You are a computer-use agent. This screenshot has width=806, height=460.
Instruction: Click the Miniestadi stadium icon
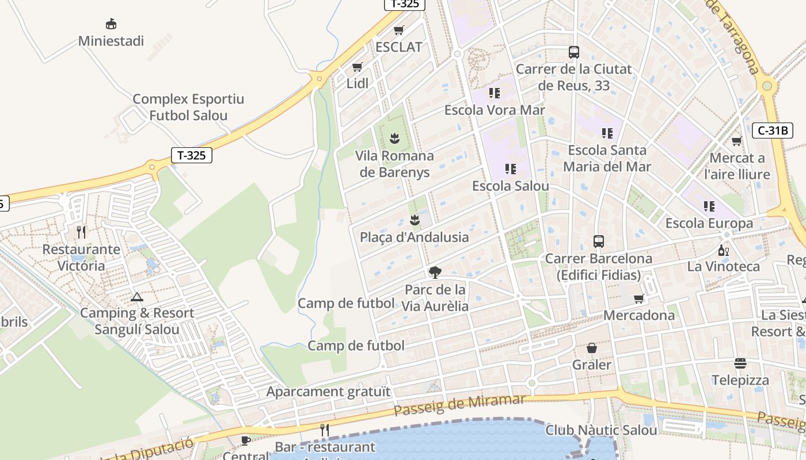[x=111, y=24]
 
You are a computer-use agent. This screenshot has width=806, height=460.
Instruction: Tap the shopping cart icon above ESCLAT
[x=399, y=30]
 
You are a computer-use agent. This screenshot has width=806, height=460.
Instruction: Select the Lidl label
[x=358, y=83]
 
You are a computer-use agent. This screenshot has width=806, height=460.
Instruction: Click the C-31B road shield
[x=772, y=131]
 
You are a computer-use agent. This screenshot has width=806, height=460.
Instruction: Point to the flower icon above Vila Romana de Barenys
[x=394, y=139]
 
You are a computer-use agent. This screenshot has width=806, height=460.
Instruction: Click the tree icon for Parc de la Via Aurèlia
[x=435, y=273]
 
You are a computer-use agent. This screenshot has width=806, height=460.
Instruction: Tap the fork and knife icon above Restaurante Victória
[x=81, y=232]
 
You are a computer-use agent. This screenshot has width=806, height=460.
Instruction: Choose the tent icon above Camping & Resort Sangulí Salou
[x=136, y=297]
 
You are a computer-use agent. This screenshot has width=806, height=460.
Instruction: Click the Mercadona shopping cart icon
[x=638, y=298]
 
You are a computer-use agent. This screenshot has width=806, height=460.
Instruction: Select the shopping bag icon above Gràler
[x=592, y=348]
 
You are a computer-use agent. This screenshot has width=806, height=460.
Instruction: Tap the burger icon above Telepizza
[x=740, y=363]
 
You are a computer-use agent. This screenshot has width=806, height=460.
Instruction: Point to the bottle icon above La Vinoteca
[x=724, y=250]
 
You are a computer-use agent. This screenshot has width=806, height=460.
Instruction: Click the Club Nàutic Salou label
[x=601, y=430]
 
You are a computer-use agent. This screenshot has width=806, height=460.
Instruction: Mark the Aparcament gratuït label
[x=328, y=392]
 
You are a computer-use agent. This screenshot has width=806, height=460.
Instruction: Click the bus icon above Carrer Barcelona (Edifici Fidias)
[x=599, y=241]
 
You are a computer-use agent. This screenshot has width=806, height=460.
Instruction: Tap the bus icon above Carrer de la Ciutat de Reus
[x=574, y=52]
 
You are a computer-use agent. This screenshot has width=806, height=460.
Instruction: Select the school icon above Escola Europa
[x=709, y=206]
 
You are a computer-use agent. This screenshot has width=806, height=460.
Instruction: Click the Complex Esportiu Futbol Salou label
[x=188, y=107]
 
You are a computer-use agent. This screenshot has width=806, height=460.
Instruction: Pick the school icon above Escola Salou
[x=511, y=169]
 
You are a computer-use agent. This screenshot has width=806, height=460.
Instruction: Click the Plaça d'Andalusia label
[x=415, y=237]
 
